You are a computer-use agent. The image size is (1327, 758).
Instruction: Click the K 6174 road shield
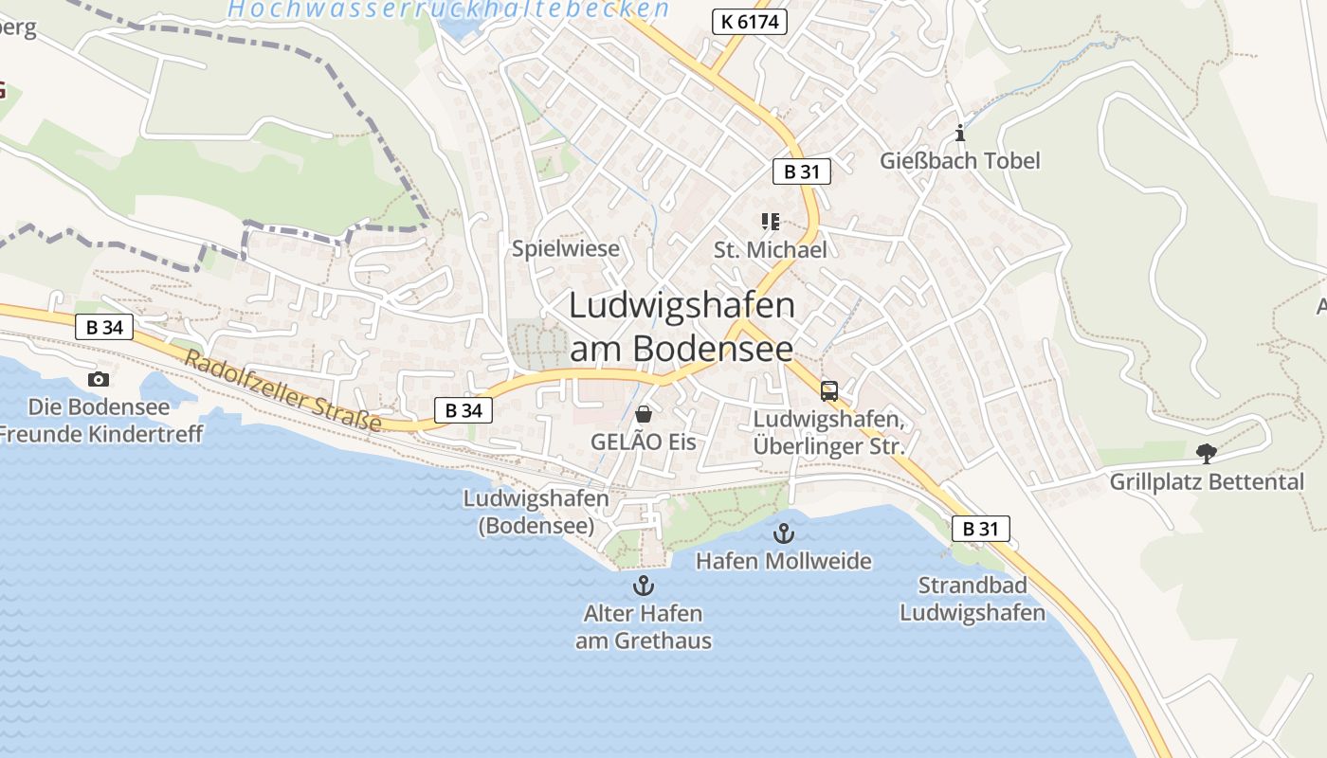point(749,21)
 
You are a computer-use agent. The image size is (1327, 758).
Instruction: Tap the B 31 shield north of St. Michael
point(801,171)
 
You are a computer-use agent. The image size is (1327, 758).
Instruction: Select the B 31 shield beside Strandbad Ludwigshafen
point(980,529)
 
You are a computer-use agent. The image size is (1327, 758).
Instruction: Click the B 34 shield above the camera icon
point(103,328)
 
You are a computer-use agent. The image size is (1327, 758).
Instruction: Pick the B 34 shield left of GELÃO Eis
point(464,410)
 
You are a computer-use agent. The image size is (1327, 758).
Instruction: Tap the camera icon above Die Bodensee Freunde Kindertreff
point(98,379)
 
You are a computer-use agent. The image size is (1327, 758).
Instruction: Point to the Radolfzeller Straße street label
point(282,390)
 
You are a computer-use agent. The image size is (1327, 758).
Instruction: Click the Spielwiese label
point(565,249)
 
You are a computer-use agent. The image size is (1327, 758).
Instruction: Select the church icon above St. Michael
point(770,222)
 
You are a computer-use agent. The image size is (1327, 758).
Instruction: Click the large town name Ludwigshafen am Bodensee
point(682,327)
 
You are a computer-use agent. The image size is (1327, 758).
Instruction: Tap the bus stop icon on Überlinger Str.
point(828,390)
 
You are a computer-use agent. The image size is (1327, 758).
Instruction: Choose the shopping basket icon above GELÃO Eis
point(644,414)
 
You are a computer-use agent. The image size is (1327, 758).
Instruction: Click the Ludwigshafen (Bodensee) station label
point(536,512)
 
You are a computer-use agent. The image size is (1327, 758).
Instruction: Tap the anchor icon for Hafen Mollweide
point(783,532)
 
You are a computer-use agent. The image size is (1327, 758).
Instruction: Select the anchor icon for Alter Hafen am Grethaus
point(644,585)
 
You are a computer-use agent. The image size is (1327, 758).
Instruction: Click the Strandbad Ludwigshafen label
point(972,599)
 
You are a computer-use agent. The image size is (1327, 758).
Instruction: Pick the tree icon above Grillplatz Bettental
point(1206,454)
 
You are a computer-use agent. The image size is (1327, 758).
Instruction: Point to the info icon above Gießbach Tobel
point(960,133)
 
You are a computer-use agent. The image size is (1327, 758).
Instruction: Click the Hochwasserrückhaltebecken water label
point(448,9)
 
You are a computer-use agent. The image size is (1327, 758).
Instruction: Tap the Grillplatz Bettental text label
point(1207,482)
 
